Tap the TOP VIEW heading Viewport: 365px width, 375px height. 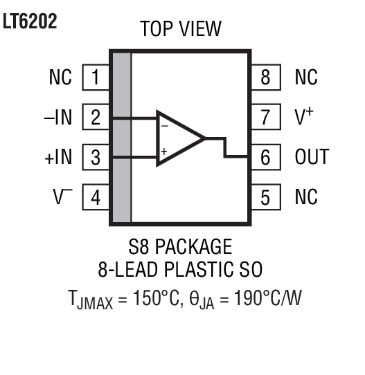coord(181,29)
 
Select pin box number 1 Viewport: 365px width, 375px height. coord(96,77)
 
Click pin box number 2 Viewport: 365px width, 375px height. coord(96,118)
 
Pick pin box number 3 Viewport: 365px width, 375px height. coord(96,158)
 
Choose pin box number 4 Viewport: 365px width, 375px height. coord(96,197)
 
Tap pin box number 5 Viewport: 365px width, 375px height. coord(266,197)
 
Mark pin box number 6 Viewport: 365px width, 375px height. coord(266,157)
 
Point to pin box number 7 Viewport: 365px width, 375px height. coord(266,118)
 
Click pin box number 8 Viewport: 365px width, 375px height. coord(266,77)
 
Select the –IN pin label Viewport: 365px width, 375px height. coord(57,118)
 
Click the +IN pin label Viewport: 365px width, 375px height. coord(57,158)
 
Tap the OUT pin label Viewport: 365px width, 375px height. coord(311,157)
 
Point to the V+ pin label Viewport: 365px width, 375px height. coord(303,118)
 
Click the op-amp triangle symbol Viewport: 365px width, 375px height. coord(178,138)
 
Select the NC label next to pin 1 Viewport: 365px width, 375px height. coord(60,77)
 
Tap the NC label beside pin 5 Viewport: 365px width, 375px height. coord(306,197)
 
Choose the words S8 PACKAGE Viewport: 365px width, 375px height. coord(181,246)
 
